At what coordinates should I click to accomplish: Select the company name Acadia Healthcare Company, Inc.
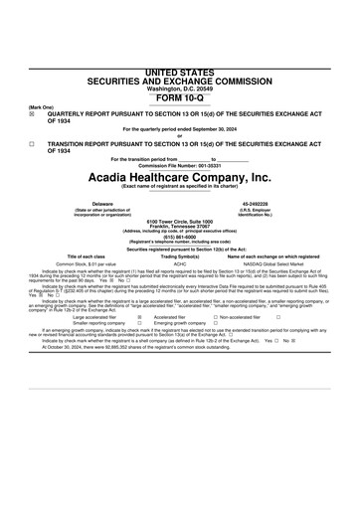pos(179,177)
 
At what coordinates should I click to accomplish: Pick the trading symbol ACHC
pos(180,264)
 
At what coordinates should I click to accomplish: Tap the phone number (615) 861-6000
pos(179,237)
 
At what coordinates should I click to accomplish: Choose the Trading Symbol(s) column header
pos(180,256)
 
